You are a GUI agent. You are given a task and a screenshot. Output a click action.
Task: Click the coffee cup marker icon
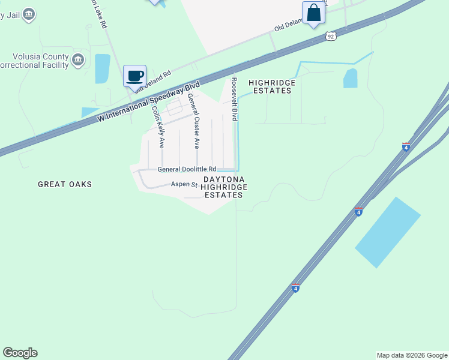point(135,76)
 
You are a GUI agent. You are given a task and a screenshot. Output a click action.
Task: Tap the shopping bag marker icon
point(313,13)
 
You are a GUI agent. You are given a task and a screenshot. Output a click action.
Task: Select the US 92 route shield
point(331,37)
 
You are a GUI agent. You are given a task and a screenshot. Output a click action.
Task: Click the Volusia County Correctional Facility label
point(33,59)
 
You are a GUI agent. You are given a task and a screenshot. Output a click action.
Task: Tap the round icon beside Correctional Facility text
point(78,59)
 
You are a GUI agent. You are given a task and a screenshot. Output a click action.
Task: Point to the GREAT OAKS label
point(65,184)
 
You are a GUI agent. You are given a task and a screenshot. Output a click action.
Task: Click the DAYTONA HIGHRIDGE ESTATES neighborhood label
point(224,187)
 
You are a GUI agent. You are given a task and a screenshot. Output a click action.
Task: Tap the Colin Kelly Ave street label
point(158,127)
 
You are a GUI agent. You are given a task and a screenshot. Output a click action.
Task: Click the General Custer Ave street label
point(193,121)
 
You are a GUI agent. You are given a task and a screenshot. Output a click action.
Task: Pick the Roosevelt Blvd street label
point(235,99)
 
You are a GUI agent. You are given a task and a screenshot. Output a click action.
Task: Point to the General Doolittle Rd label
point(187,169)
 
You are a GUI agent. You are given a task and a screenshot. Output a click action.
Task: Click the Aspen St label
point(184,184)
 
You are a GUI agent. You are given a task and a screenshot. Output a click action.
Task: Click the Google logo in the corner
point(20,353)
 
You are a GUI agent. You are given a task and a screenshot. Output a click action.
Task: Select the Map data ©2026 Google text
point(411,355)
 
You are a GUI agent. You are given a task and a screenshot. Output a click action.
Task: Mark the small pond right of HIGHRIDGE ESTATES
point(350,79)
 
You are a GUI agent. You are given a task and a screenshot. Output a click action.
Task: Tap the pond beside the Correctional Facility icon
point(103,68)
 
